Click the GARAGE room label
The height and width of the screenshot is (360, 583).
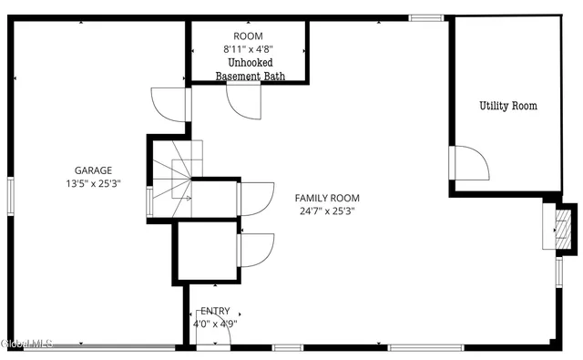point(93,170)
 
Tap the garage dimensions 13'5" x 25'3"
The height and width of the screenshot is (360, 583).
point(93,183)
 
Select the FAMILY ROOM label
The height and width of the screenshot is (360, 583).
point(327,198)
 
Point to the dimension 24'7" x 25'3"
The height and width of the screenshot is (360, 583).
point(327,211)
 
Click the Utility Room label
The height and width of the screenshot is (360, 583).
point(508,106)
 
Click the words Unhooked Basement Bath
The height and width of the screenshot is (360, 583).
point(250,69)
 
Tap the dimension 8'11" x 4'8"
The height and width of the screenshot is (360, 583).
point(249,50)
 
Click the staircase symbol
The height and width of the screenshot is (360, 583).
point(173,178)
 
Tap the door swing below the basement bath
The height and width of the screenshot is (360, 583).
point(243,104)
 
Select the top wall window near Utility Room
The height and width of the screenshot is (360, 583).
point(426,17)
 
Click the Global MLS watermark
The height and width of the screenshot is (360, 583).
point(27,343)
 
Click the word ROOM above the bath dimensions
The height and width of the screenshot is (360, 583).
point(249,36)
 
